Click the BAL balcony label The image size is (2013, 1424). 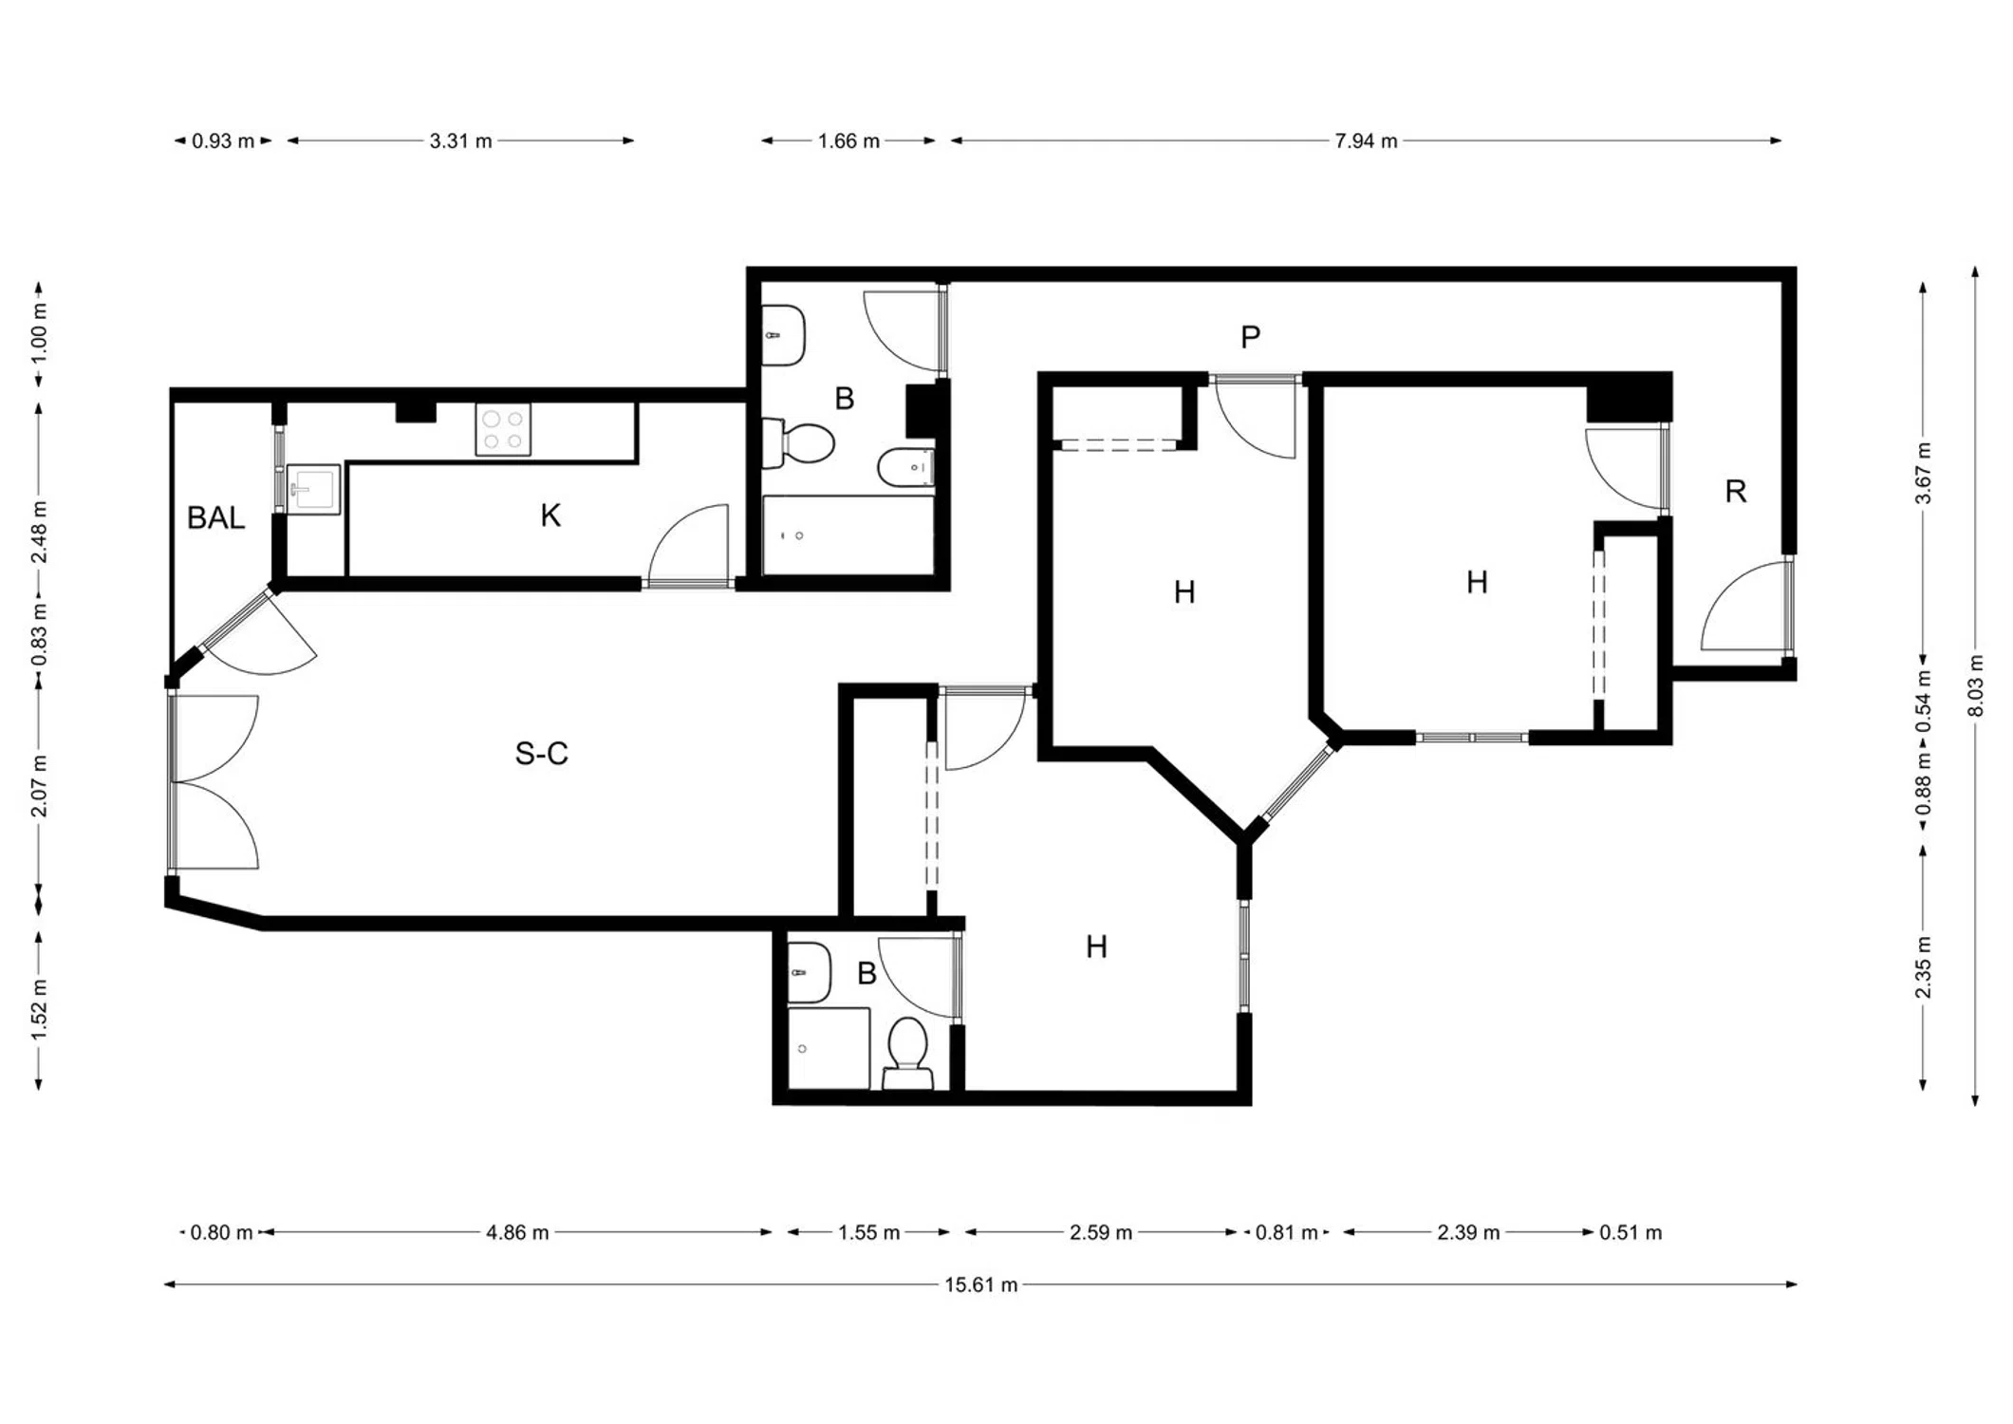click(215, 518)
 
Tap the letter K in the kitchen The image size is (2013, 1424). click(550, 515)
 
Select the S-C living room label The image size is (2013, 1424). click(541, 754)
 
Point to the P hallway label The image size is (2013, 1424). click(1250, 337)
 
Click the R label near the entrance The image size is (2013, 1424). click(1735, 492)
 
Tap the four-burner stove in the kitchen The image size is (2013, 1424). click(503, 430)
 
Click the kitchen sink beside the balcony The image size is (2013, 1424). click(313, 489)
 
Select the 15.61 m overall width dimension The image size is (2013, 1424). click(980, 1285)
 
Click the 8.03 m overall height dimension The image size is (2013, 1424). click(1977, 685)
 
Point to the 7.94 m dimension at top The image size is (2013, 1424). click(1366, 141)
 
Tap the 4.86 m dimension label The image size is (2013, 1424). click(517, 1233)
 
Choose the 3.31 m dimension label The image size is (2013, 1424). click(460, 141)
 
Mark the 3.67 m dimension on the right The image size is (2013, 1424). click(1924, 473)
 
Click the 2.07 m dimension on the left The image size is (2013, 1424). click(39, 786)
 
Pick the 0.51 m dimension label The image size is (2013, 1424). click(1631, 1233)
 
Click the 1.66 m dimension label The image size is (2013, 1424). click(848, 141)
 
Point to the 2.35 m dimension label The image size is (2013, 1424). click(1924, 967)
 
